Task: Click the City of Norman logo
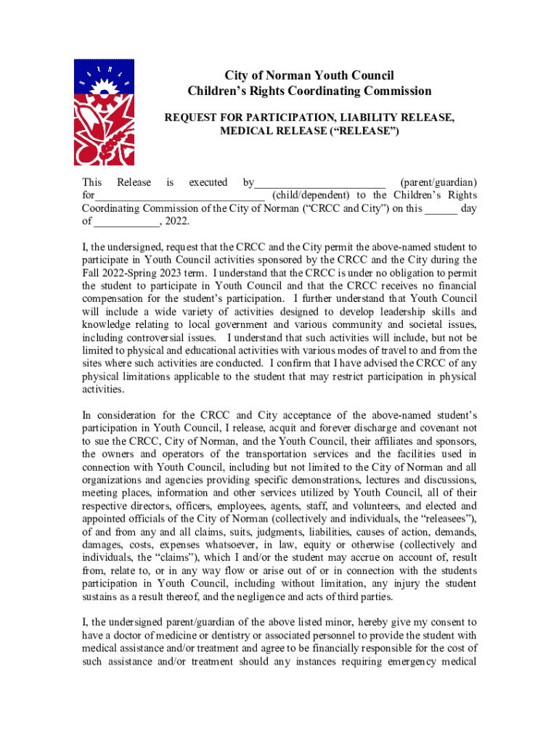[x=105, y=112]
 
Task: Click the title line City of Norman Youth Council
[x=309, y=75]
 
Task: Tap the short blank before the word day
[x=441, y=209]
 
